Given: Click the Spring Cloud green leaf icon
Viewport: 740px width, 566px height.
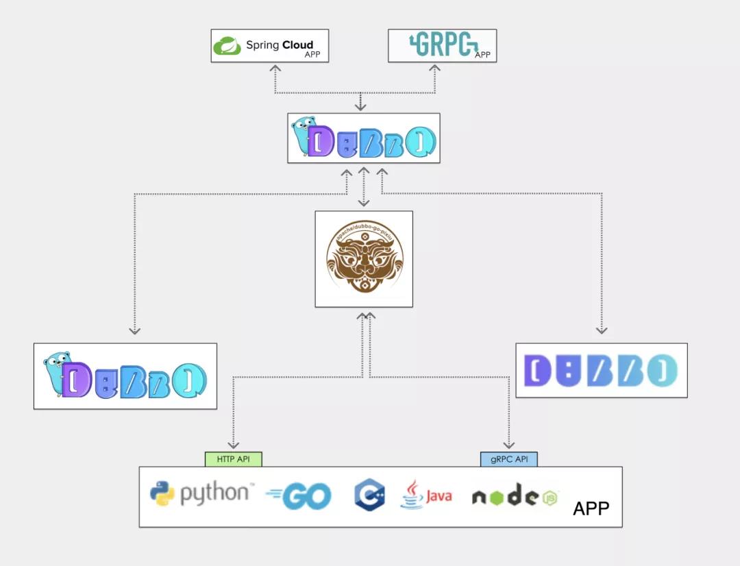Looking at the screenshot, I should pos(227,46).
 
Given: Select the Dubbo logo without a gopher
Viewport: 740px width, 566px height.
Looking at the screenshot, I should pos(601,370).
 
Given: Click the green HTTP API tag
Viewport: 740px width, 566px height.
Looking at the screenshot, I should pos(233,459).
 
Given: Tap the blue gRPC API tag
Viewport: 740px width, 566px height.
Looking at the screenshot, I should pos(508,459).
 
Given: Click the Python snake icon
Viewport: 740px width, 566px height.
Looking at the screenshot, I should pos(163,494).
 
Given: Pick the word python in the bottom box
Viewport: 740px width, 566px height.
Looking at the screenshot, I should pos(214,494).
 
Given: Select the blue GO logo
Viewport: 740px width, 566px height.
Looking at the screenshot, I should pos(299,496).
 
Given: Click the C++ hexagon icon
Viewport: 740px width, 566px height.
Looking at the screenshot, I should pos(370,495).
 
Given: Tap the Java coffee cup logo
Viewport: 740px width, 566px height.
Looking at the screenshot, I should pos(411,495).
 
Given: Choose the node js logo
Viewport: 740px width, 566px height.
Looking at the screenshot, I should pos(515,496).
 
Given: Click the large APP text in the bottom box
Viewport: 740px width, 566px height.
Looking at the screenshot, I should pos(591,508).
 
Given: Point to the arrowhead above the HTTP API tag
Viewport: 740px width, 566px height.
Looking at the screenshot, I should pos(233,445).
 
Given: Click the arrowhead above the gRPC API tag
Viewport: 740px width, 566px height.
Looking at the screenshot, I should pos(508,445).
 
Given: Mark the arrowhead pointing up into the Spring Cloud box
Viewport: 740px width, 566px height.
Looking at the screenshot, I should pos(275,68).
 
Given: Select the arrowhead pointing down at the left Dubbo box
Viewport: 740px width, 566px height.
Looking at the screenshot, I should pos(135,330).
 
